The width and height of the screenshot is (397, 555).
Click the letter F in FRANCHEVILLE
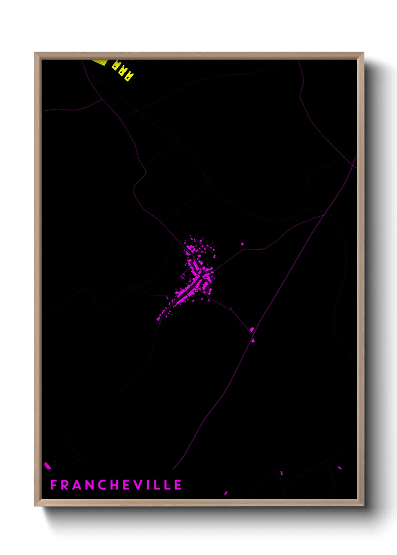pyautogui.click(x=54, y=485)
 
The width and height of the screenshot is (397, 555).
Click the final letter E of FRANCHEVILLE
pyautogui.click(x=178, y=485)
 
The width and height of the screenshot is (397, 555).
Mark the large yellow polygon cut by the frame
pyautogui.click(x=100, y=62)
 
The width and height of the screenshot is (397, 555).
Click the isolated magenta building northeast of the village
pyautogui.click(x=242, y=244)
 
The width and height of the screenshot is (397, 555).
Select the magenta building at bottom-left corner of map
pyautogui.click(x=47, y=466)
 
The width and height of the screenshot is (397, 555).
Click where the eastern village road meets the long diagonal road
pyautogui.click(x=324, y=215)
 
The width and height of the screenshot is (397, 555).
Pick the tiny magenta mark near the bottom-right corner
pyautogui.click(x=340, y=468)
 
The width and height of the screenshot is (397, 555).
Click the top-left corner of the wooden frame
pyautogui.click(x=35, y=53)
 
